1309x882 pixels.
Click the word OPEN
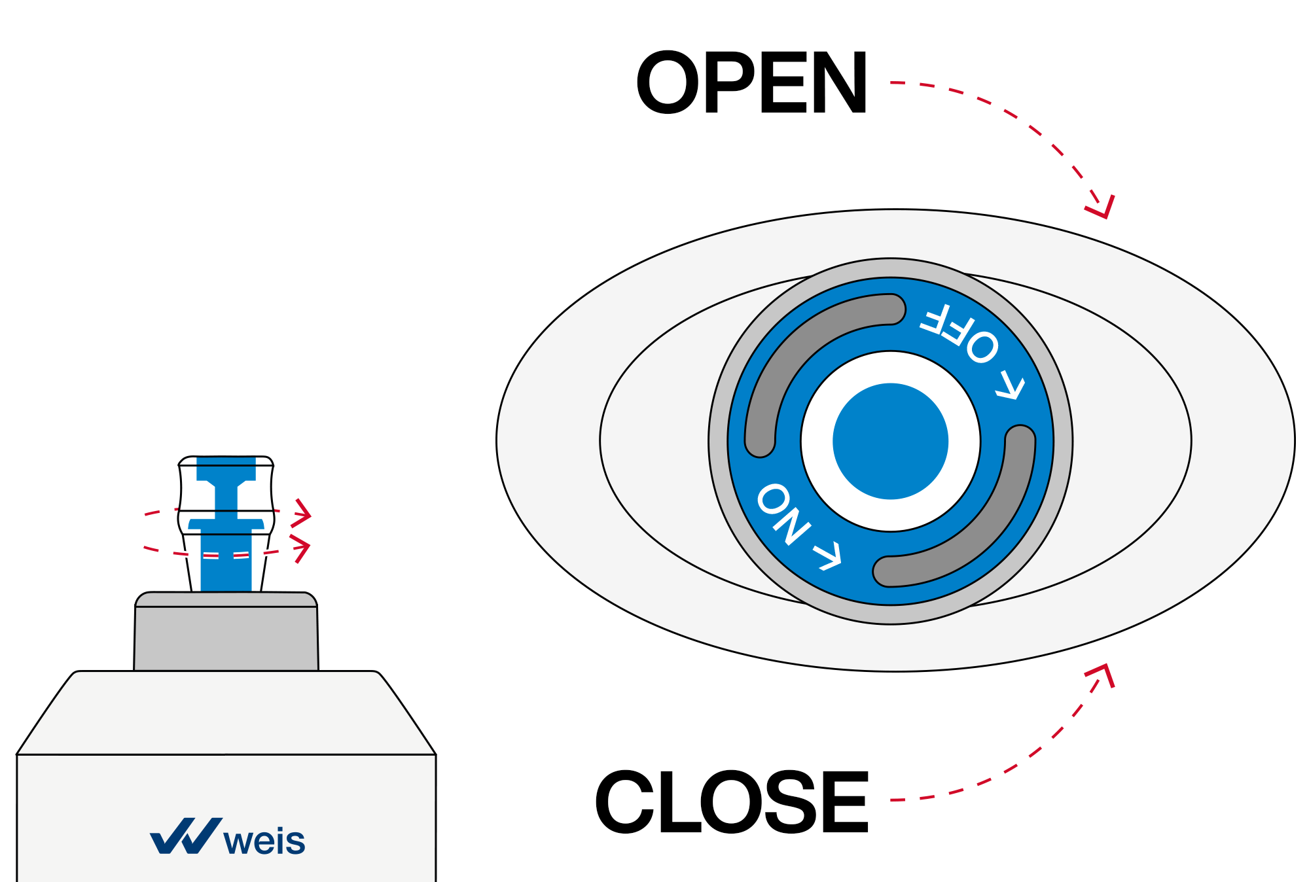tap(751, 83)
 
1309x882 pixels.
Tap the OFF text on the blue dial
tap(959, 333)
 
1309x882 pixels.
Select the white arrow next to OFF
tap(1011, 386)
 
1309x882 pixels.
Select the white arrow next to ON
tap(827, 556)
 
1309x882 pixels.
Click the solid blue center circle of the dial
tap(890, 441)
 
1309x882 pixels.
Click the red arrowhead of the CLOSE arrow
tap(1103, 674)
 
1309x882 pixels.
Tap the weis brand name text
tap(264, 841)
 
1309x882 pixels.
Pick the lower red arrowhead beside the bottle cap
tap(301, 548)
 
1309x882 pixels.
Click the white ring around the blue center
tap(818, 441)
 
